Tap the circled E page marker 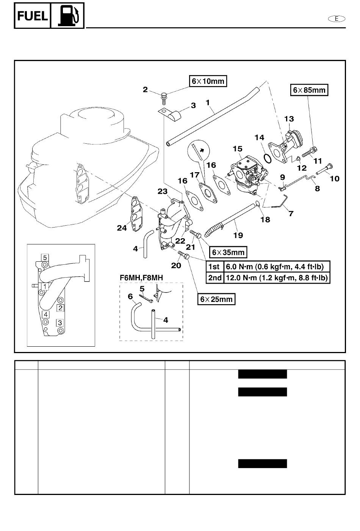tap(337, 18)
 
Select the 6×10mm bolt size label tap(208, 81)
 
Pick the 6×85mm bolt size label tap(309, 90)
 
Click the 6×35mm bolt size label tap(228, 252)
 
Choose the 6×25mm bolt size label tap(216, 299)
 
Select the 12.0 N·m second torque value tap(277, 278)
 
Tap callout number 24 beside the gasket tap(122, 228)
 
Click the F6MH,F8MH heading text tap(141, 278)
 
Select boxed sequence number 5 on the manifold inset tap(45, 258)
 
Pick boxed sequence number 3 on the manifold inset tap(59, 323)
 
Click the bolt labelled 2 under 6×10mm tap(164, 97)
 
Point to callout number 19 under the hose tap(238, 236)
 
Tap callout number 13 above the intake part tap(289, 119)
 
